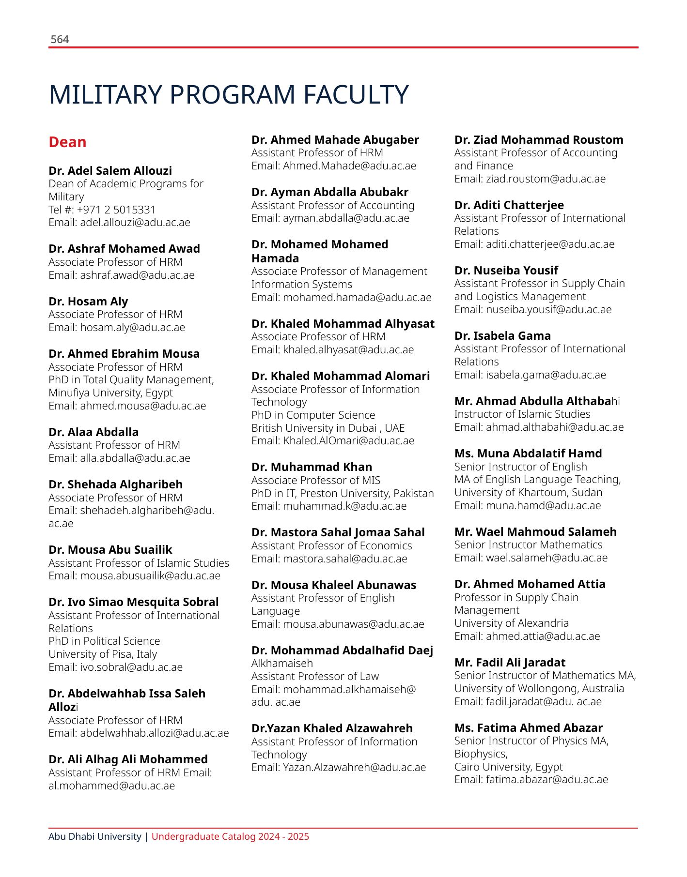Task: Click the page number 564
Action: [60, 40]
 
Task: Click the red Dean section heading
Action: [67, 142]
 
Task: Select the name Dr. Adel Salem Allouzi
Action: [110, 171]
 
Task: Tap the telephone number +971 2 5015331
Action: [116, 210]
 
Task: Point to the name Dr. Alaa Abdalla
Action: [94, 432]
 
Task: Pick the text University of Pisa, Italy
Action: [103, 654]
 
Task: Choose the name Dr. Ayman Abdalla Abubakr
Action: [329, 192]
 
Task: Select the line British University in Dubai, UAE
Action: [328, 428]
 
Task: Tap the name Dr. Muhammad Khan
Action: [312, 467]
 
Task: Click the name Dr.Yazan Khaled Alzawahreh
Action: [332, 728]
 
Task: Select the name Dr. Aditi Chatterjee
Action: [509, 205]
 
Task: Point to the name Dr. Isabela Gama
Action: [502, 336]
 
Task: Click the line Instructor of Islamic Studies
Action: [522, 414]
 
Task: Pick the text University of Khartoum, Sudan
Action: [528, 493]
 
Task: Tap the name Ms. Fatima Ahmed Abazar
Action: [528, 728]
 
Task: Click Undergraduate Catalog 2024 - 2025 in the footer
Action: [230, 837]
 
